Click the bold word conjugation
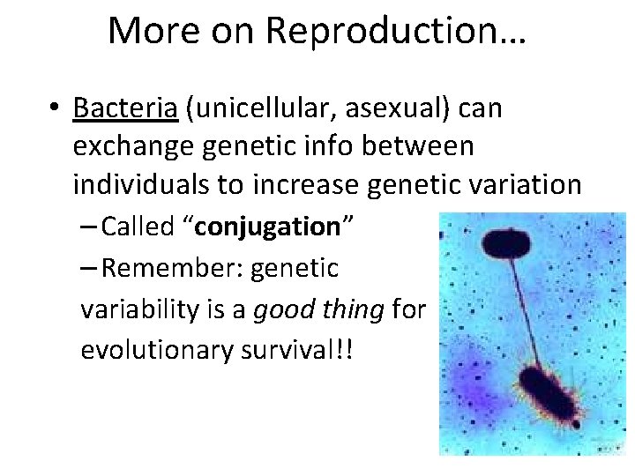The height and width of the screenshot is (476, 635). (267, 227)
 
